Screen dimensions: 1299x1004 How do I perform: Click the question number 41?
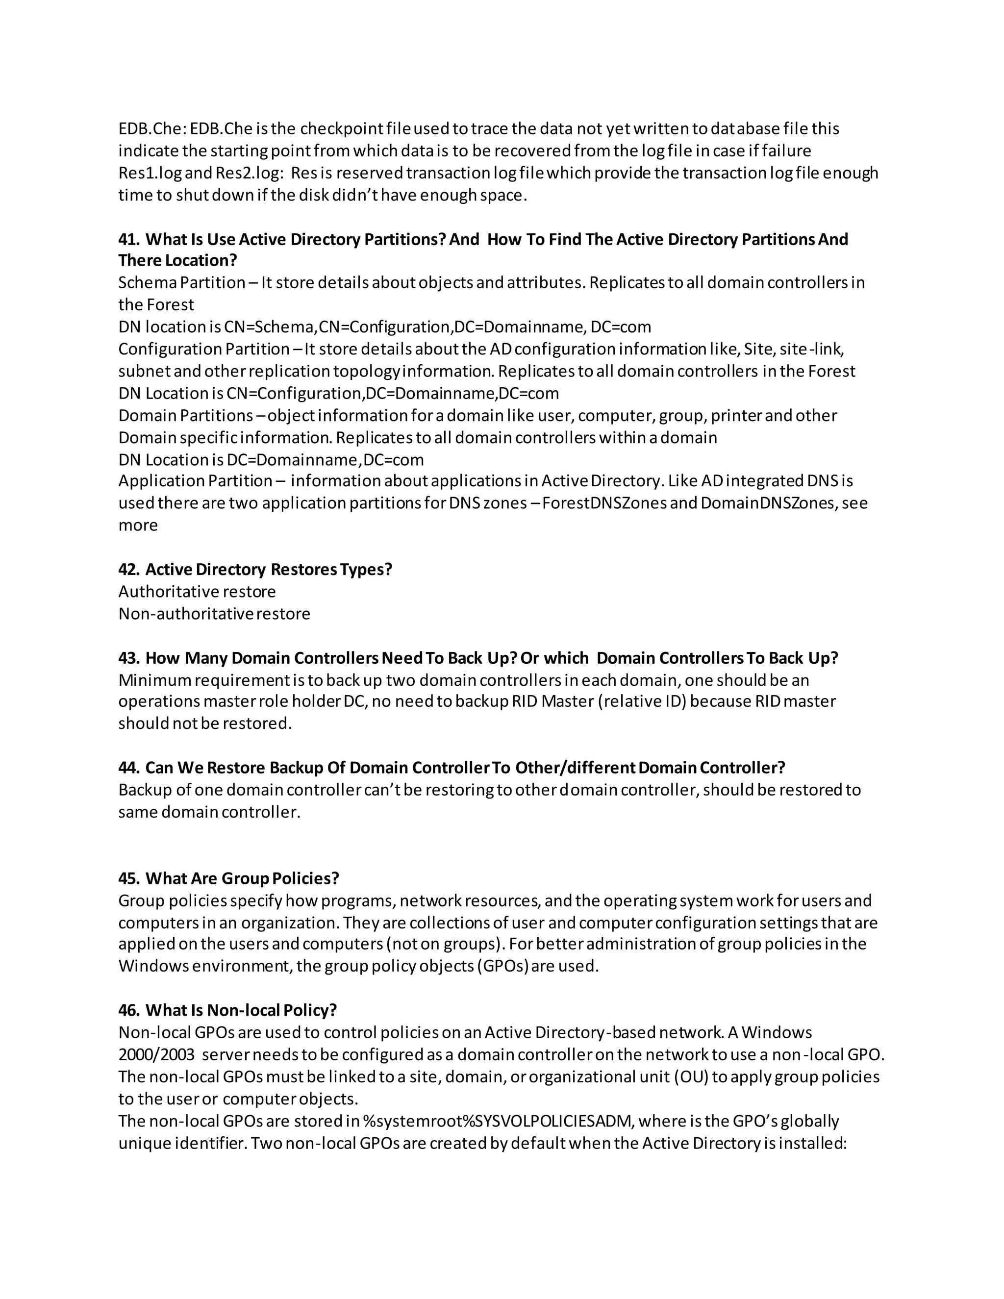[x=128, y=240]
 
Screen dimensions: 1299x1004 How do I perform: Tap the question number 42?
[x=128, y=569]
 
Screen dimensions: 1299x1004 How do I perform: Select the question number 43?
[x=128, y=658]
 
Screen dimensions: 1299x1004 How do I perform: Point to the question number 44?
[x=128, y=768]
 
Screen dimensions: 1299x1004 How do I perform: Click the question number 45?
[x=128, y=878]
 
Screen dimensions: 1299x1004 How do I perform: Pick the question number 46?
[x=128, y=1011]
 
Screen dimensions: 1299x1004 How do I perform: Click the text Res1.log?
[x=143, y=173]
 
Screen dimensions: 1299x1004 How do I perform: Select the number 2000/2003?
[x=156, y=1055]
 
